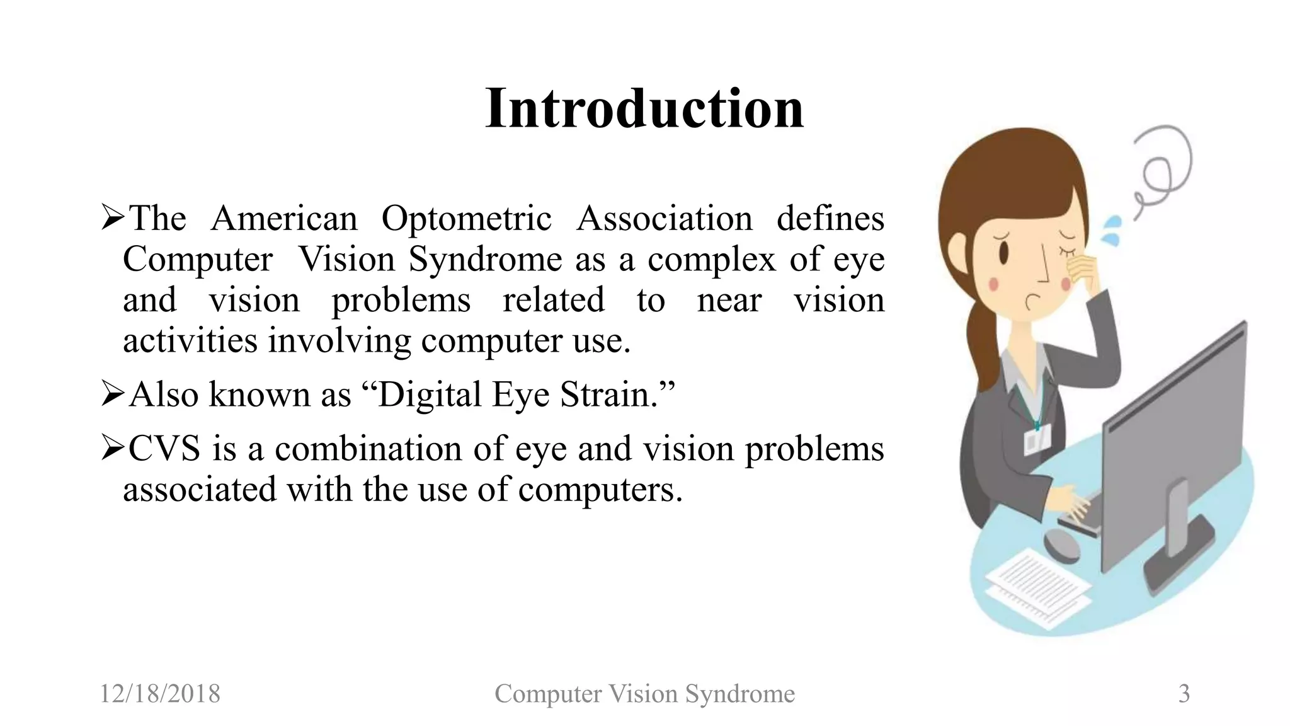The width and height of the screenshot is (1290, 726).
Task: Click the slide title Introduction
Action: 644,108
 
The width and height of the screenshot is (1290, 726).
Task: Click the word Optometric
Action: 466,219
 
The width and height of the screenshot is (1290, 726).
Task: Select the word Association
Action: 664,219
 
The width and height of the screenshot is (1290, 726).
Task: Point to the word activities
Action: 190,341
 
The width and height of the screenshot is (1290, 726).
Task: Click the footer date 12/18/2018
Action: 160,694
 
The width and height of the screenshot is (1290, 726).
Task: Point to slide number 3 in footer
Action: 1184,694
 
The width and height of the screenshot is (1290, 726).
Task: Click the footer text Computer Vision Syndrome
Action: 644,694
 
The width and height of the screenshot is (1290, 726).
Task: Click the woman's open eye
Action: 1004,251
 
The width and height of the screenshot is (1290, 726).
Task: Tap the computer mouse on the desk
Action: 1062,546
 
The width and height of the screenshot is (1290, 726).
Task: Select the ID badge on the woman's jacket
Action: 1037,438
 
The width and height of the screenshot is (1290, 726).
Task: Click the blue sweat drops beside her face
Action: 1112,230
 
